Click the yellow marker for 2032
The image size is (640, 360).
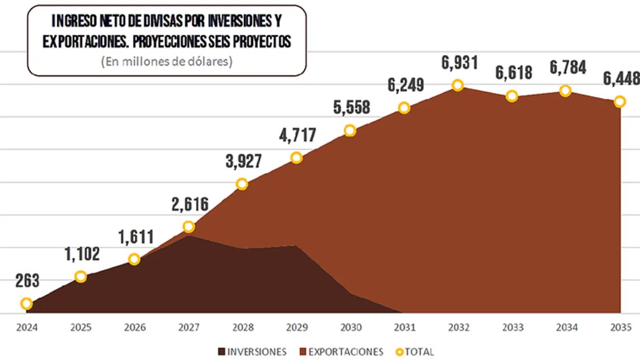(458, 85)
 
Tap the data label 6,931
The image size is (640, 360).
(459, 62)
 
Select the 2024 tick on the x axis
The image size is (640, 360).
(26, 327)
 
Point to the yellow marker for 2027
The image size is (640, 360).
(188, 227)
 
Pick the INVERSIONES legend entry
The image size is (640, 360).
(252, 352)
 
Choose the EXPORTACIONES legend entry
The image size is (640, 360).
(343, 352)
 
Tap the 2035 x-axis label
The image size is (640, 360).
(620, 327)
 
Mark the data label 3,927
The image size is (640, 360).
(243, 161)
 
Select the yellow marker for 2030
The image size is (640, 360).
(350, 131)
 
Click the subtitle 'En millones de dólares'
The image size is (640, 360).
(167, 62)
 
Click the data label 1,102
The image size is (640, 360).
(82, 254)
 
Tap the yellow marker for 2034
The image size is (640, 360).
(565, 91)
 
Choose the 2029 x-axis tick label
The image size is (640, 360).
(296, 327)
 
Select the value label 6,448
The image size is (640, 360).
(620, 79)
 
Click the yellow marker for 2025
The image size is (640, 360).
(81, 276)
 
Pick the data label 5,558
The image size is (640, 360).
(351, 108)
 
